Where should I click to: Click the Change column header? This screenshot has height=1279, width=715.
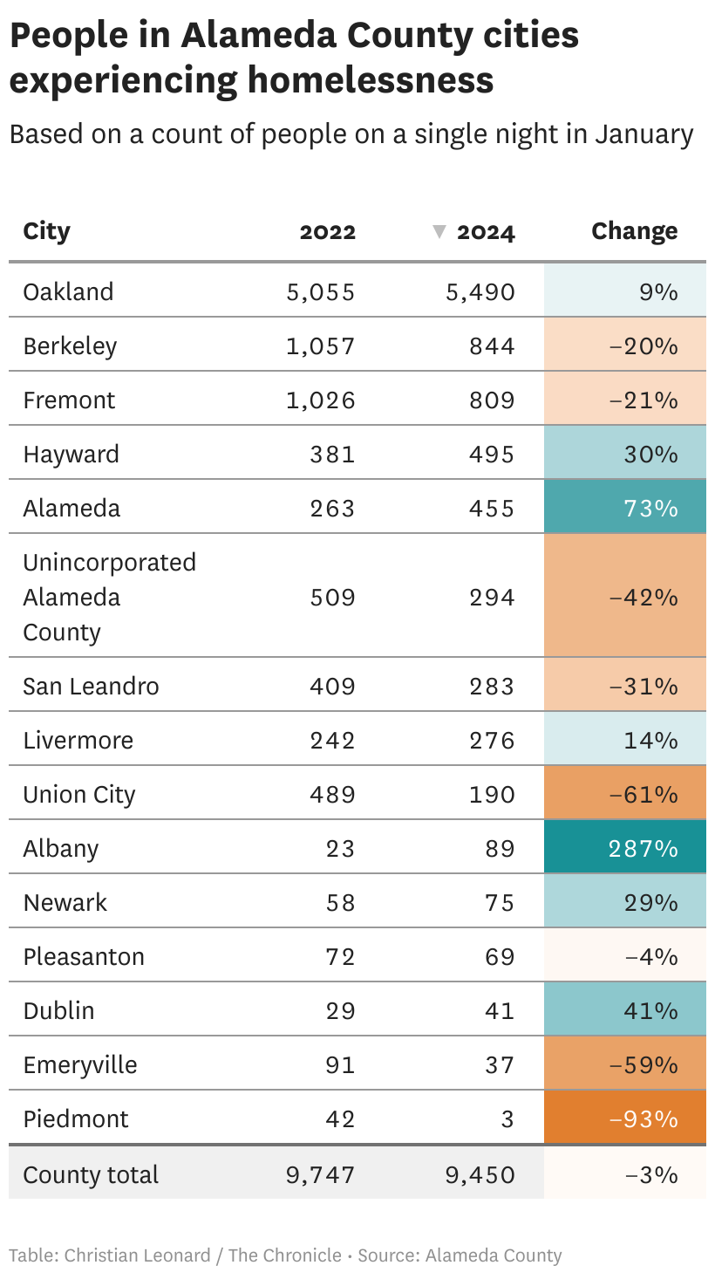pyautogui.click(x=634, y=231)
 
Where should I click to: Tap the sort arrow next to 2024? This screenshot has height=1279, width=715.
pyautogui.click(x=439, y=231)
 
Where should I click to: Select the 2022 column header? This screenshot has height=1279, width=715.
pyautogui.click(x=327, y=231)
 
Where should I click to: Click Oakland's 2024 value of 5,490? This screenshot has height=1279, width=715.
pyautogui.click(x=480, y=291)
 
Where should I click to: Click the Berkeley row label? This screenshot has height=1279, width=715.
pyautogui.click(x=70, y=346)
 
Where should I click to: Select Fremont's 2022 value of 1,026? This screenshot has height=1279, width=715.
pyautogui.click(x=320, y=400)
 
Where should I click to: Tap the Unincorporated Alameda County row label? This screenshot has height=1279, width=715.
pyautogui.click(x=109, y=597)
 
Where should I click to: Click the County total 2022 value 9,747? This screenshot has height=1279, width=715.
pyautogui.click(x=320, y=1174)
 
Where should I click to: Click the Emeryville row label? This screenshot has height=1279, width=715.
pyautogui.click(x=79, y=1065)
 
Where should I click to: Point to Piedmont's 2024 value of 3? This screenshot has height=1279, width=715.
pyautogui.click(x=507, y=1119)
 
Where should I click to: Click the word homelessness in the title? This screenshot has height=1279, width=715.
pyautogui.click(x=371, y=80)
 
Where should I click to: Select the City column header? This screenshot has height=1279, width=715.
pyautogui.click(x=46, y=231)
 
